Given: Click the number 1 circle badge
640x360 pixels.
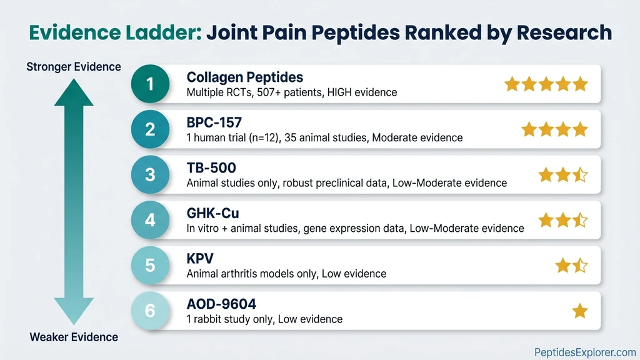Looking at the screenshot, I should (x=150, y=84).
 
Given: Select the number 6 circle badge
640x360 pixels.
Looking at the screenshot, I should (x=150, y=310).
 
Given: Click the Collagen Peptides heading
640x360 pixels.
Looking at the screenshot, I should (x=245, y=77).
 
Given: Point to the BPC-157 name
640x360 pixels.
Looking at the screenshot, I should (x=214, y=122).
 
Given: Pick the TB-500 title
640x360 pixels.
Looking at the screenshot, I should (x=211, y=168).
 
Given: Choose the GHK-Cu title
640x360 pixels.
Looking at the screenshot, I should (x=213, y=213).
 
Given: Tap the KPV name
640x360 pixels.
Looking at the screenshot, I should (x=200, y=259).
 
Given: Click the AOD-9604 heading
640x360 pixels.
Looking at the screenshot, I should (x=221, y=304).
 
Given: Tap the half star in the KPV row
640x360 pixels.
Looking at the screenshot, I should (x=580, y=266).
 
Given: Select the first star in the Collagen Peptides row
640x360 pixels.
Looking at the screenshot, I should (x=512, y=84).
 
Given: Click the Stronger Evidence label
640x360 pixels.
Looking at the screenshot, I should (x=74, y=67).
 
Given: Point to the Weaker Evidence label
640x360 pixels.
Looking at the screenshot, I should (x=74, y=337).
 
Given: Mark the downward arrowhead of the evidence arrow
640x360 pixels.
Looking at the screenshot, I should (x=74, y=311).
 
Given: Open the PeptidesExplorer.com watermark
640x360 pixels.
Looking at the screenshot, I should (x=585, y=352).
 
